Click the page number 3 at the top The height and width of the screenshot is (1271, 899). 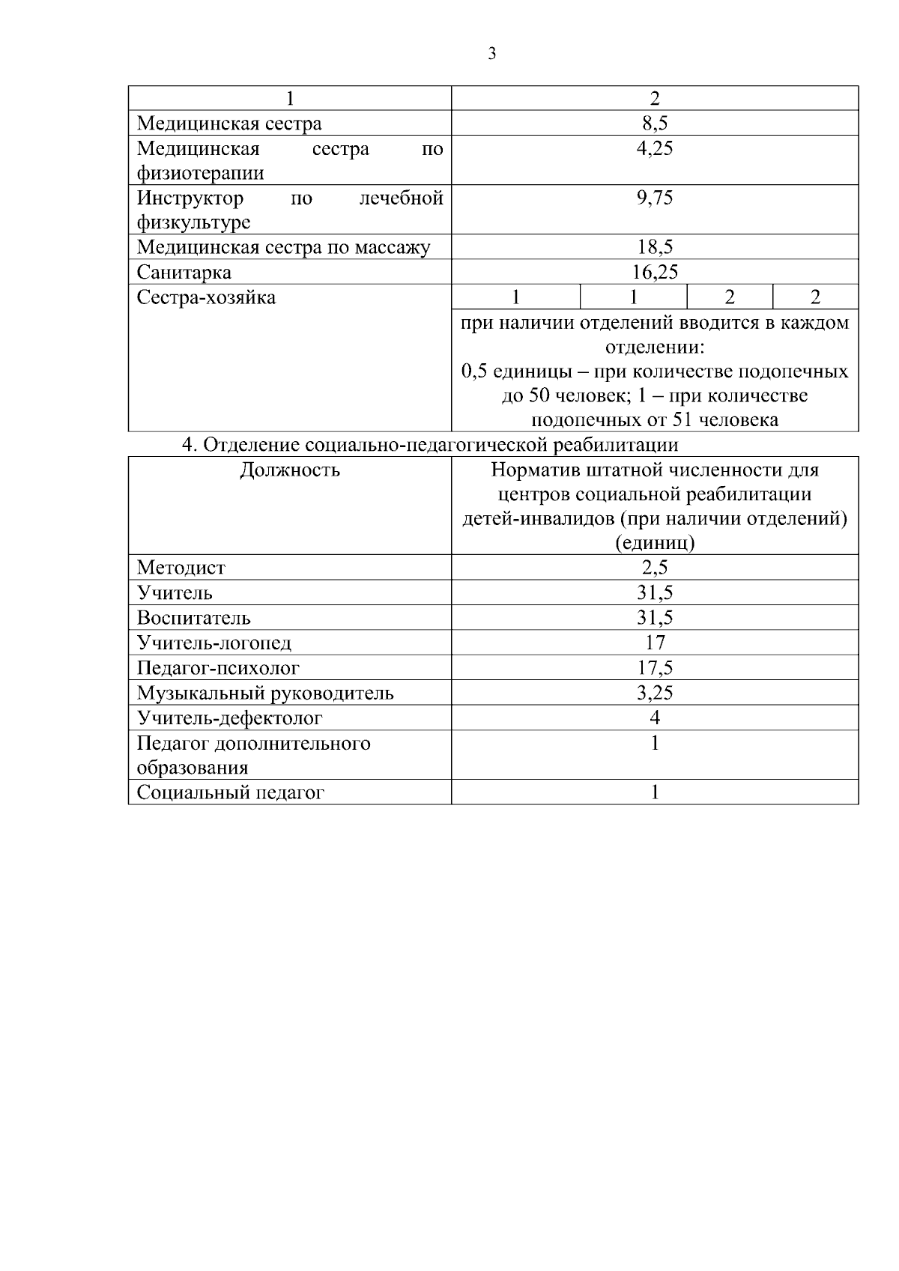tap(491, 54)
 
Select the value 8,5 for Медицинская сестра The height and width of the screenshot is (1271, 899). tap(654, 124)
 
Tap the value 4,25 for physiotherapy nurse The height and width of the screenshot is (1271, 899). tap(654, 148)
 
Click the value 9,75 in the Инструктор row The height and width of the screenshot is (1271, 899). tap(654, 198)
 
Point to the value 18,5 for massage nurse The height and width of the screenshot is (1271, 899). tap(654, 247)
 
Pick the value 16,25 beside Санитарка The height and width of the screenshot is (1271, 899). tap(654, 272)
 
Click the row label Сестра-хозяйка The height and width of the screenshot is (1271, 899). tap(206, 297)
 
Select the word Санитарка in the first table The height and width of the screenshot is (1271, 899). tap(184, 272)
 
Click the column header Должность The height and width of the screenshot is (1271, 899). tap(289, 470)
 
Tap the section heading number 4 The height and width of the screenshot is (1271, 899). tap(189, 445)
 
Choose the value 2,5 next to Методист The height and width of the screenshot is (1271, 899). tap(654, 568)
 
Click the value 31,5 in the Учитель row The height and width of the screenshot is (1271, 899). tap(654, 592)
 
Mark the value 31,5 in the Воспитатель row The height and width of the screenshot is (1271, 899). tap(654, 618)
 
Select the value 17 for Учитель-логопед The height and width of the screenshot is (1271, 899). tap(654, 643)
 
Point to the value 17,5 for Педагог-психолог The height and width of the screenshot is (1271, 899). tap(654, 667)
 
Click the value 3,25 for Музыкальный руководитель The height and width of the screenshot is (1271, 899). tap(654, 693)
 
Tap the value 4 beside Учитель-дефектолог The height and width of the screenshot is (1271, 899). tap(654, 718)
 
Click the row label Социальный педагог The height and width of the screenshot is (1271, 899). tap(230, 792)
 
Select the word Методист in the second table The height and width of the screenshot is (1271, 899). tap(181, 568)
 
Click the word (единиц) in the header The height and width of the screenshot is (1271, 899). tap(654, 543)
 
